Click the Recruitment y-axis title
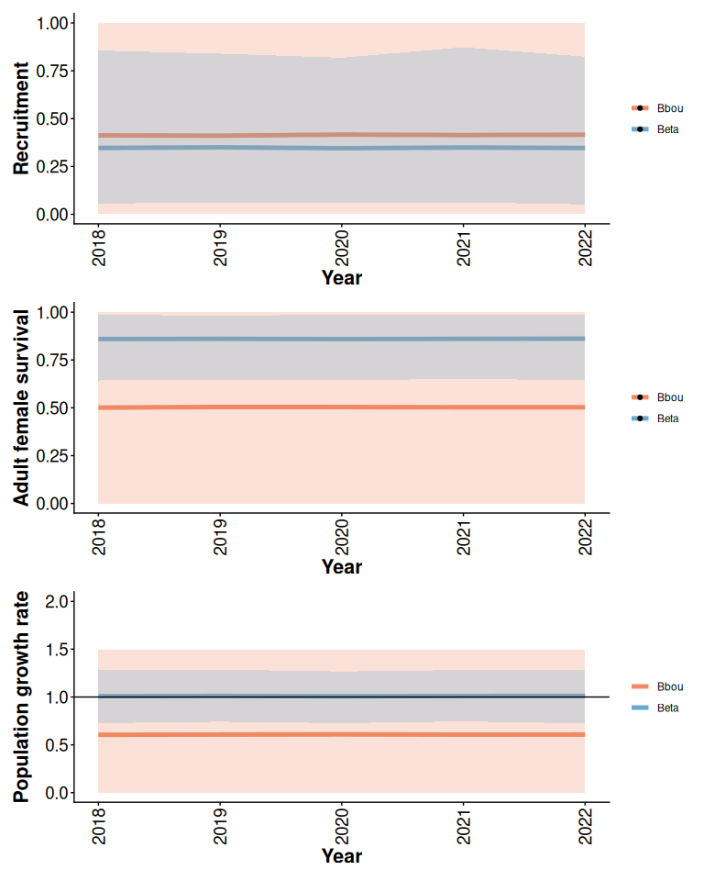coord(20,118)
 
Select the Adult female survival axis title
coord(20,407)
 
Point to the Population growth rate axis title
coord(20,697)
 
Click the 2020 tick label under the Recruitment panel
coord(342,246)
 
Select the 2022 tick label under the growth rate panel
coord(586,825)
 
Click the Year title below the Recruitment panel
coord(341,277)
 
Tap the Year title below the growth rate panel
coord(341,856)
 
